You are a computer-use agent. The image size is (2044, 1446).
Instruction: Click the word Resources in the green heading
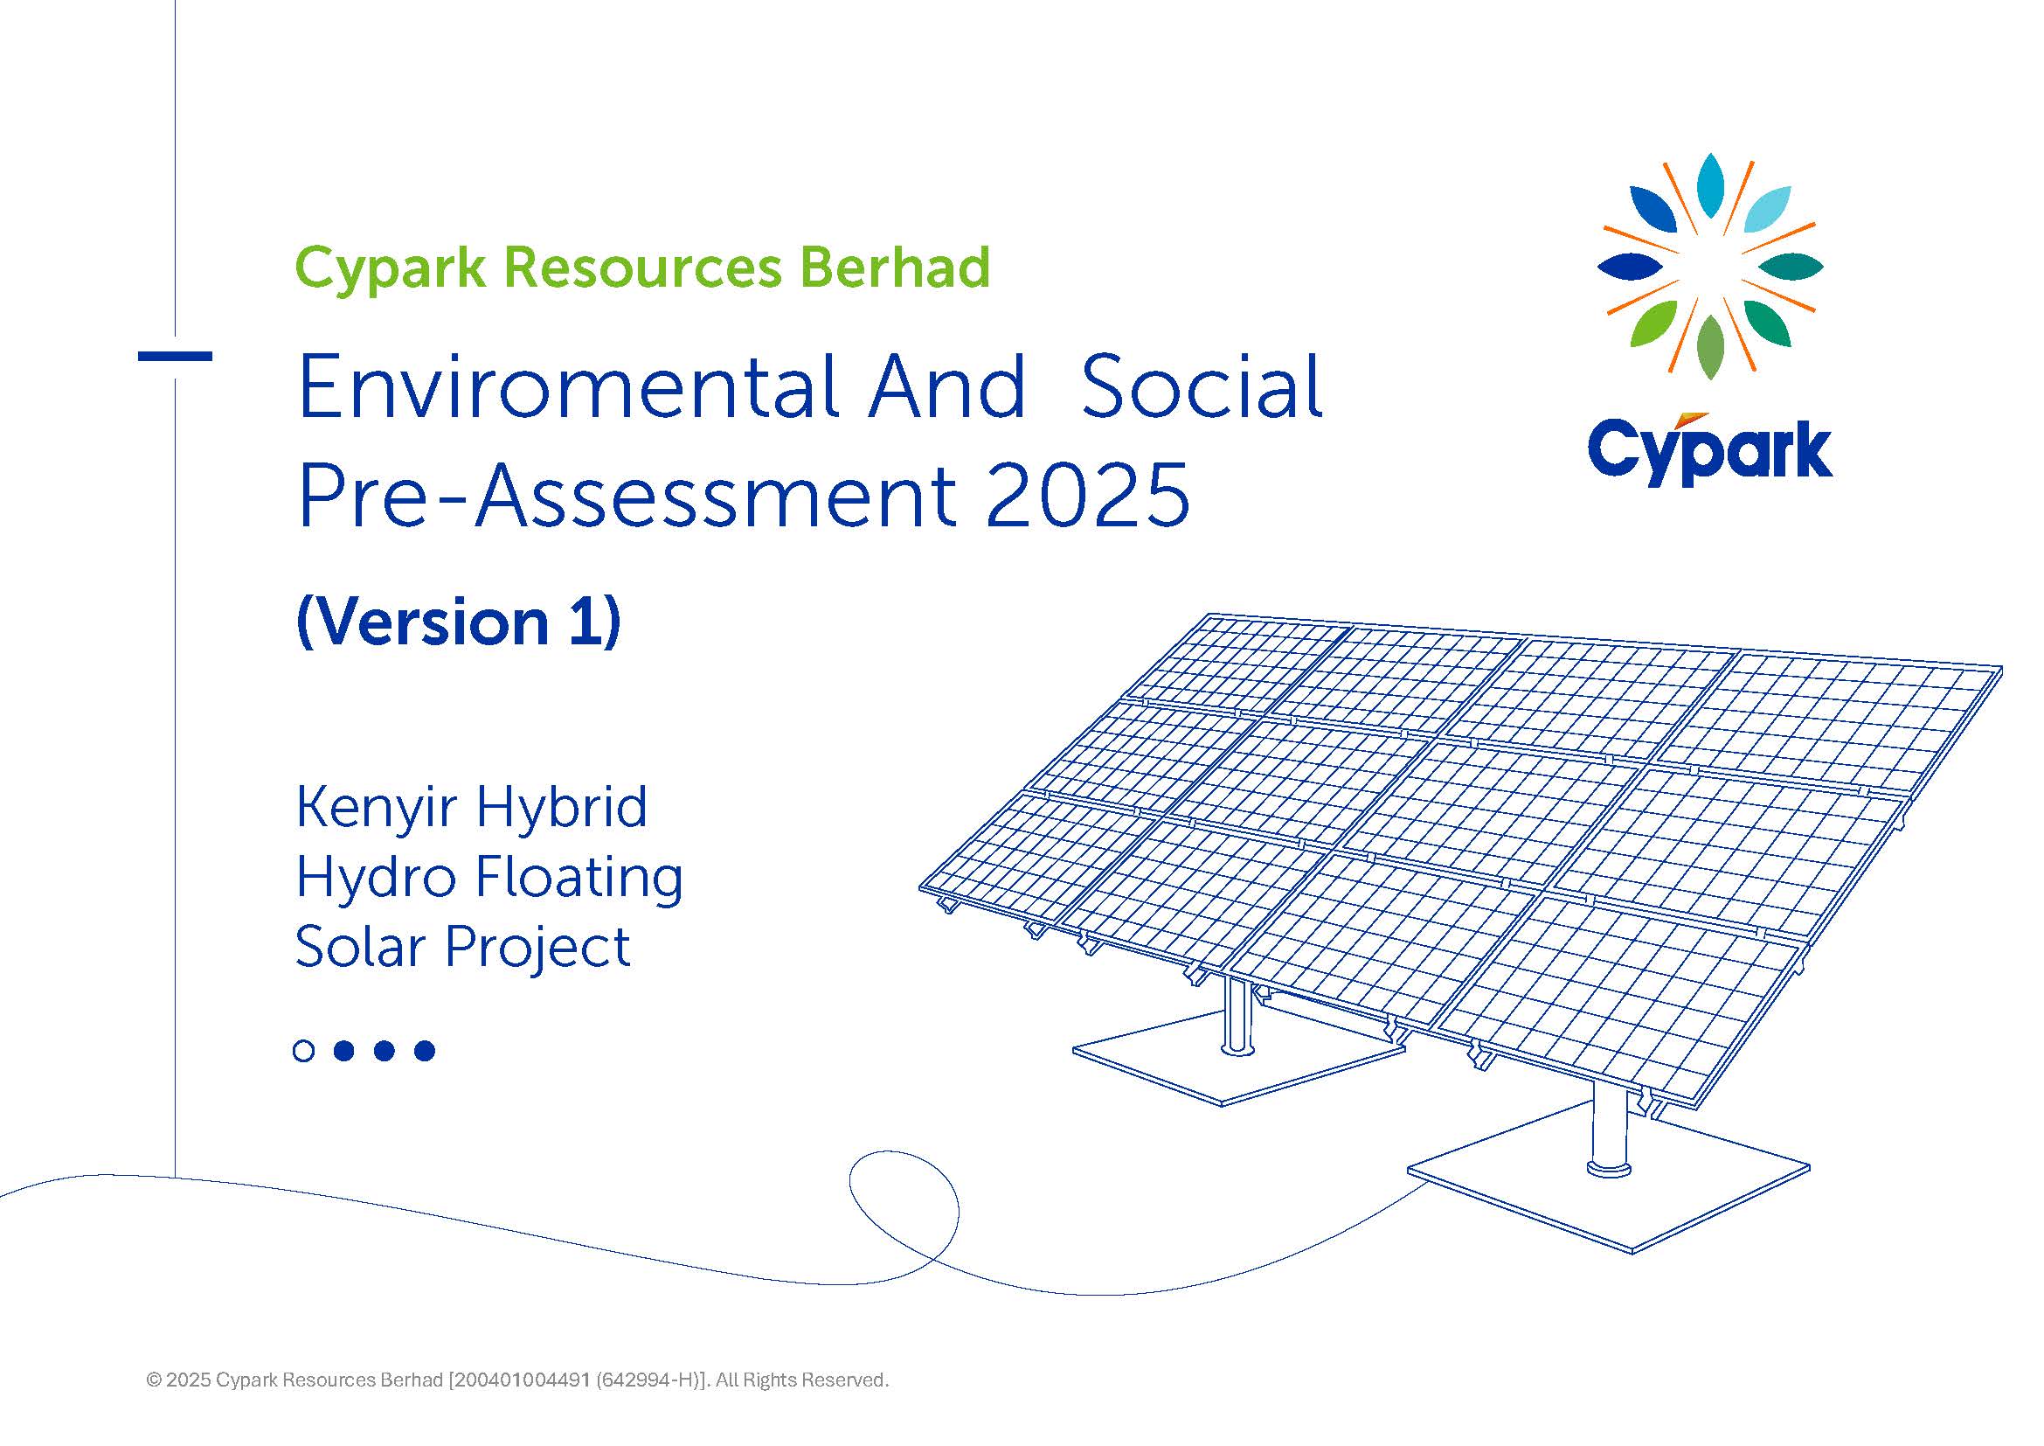[642, 268]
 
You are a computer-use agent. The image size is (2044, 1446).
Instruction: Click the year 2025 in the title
[1087, 495]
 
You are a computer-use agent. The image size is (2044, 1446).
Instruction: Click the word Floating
[579, 878]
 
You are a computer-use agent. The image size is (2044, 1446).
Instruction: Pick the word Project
[537, 947]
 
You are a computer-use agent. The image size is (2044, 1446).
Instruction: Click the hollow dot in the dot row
[303, 1051]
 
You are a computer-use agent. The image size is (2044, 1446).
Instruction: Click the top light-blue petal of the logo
[1710, 185]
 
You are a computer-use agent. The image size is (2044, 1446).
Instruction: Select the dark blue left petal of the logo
[1630, 267]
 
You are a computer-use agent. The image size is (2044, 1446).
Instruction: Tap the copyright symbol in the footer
[154, 1380]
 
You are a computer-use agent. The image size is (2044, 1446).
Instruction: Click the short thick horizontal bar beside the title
[176, 356]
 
